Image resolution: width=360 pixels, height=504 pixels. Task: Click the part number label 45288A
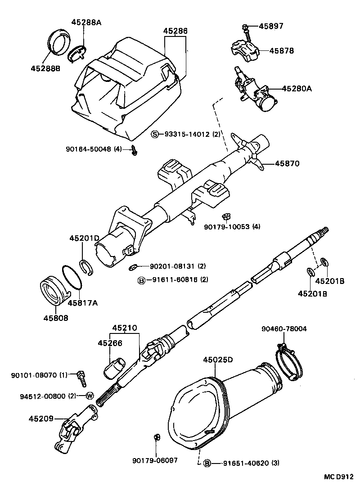[86, 22]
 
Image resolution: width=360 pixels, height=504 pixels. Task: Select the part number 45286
[175, 31]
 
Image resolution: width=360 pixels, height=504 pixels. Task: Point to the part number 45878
[281, 51]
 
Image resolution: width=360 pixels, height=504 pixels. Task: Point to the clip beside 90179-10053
[226, 217]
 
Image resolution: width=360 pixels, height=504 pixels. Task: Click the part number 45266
[110, 343]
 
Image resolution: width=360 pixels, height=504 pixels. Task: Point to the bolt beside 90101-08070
[82, 378]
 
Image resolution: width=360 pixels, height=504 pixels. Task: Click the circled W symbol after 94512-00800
[89, 396]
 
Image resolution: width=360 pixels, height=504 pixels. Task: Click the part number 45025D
[218, 360]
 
